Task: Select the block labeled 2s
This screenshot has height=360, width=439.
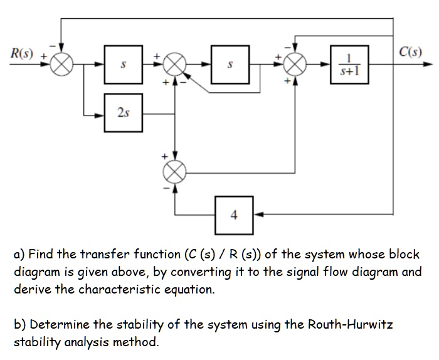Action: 123,112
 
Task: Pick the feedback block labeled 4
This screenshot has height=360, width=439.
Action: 234,214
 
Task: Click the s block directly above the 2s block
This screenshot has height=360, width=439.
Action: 123,65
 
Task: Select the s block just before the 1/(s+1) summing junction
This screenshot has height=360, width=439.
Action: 230,65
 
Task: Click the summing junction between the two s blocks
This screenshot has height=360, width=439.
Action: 176,65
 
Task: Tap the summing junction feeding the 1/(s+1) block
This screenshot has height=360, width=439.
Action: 295,65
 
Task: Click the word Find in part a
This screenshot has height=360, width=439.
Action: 40,255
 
